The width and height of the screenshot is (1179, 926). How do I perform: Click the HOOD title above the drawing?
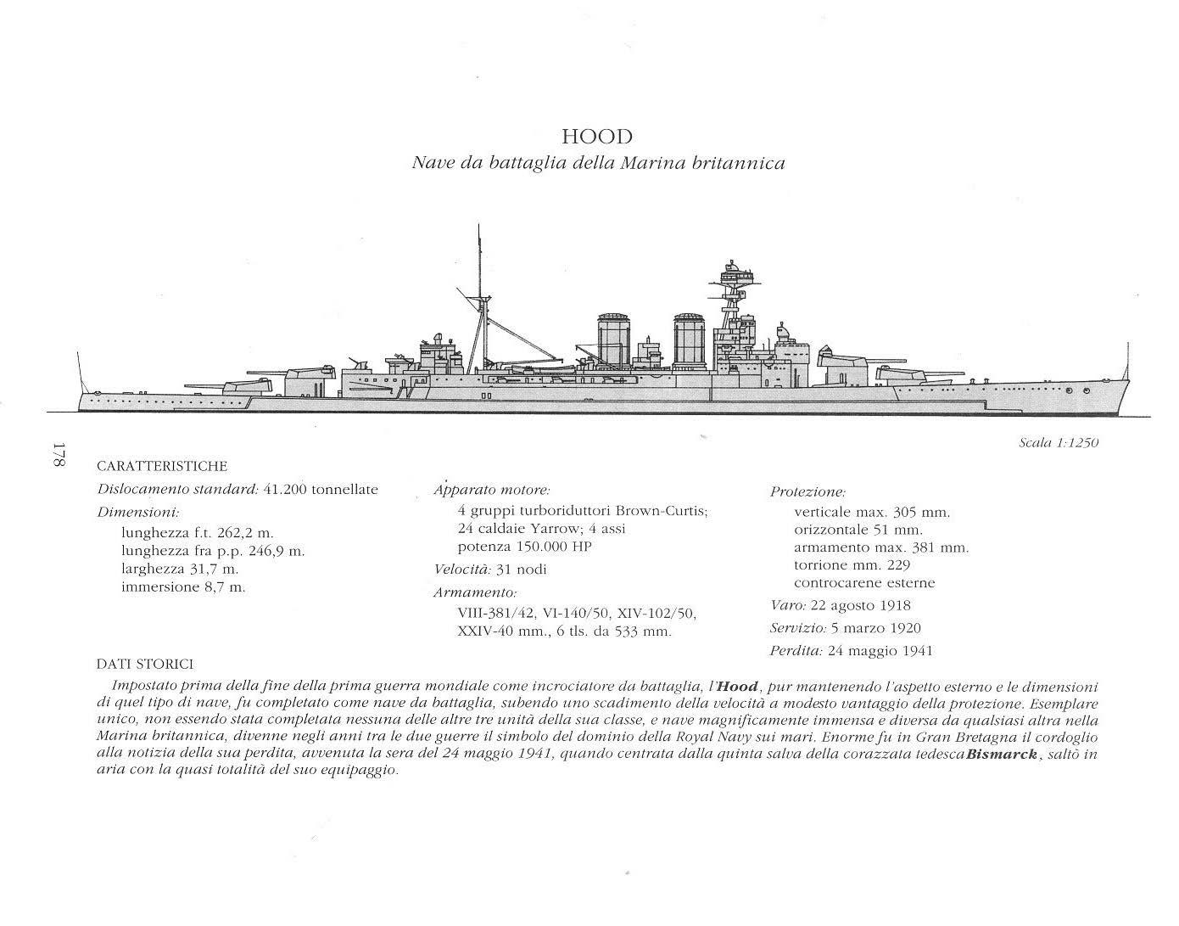597,137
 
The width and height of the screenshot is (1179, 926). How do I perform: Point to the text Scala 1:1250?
1058,442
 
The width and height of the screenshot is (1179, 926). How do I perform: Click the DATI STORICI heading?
144,664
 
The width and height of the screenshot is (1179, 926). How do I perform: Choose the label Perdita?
796,652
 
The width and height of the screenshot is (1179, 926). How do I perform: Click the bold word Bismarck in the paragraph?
1001,755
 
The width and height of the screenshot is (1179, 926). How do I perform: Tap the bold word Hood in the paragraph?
736,687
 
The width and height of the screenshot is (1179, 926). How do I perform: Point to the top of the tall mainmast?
479,227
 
